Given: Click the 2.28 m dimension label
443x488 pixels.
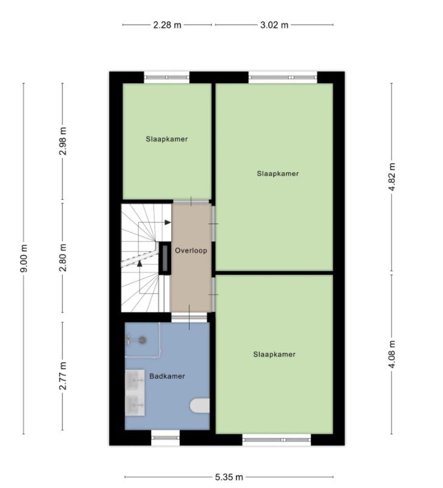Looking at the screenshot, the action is pos(167,25).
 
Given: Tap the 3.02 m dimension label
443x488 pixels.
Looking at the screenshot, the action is pos(274,25).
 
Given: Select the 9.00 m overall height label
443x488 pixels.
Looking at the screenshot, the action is pos(24,258).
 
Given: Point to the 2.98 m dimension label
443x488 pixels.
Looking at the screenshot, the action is pos(63,141).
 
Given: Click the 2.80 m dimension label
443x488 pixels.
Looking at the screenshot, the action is pos(63,258).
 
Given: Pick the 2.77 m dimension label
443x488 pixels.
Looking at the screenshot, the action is pos(63,376).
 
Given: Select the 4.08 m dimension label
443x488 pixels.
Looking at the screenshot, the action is pos(392,354).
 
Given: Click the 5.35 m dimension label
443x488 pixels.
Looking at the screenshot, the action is pos(229,477).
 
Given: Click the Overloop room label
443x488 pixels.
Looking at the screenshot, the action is pos(191,250).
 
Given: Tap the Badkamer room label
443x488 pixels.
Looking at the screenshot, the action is pos(167,377).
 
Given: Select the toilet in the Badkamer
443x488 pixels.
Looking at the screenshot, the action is pos(199,406).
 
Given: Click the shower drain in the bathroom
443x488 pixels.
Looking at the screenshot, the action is pos(142,340).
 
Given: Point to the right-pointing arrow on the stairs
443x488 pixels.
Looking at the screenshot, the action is pos(168,222).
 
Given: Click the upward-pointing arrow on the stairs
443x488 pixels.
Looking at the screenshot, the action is pos(140,264).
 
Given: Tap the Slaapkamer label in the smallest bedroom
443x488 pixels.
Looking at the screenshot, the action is pos(167,139).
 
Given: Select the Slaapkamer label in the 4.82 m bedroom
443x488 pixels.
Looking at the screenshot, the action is pos(278,174).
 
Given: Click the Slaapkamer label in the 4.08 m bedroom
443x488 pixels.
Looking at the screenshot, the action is pos(274,354).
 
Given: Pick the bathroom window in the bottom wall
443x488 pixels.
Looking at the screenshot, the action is pos(166,437).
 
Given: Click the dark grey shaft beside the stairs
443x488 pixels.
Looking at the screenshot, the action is pos(165,258).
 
